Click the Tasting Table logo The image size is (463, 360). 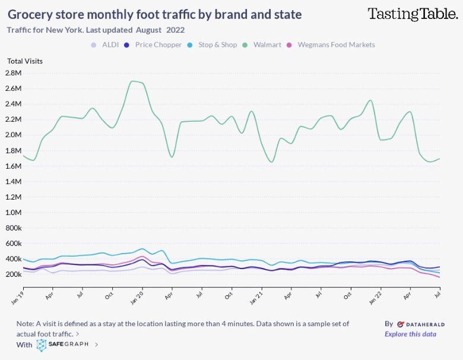[413, 14]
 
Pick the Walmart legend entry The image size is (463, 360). [267, 45]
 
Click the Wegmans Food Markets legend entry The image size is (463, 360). [336, 45]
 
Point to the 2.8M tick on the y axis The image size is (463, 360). [13, 73]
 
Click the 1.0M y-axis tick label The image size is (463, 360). [13, 213]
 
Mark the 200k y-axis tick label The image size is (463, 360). [13, 274]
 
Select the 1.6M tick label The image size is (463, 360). [13, 166]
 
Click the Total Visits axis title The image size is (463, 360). [25, 61]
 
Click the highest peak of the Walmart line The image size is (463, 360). [133, 81]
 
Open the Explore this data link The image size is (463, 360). [410, 334]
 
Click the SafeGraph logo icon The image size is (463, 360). [41, 345]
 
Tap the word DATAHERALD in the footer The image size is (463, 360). [421, 324]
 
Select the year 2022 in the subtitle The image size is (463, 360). [175, 29]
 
